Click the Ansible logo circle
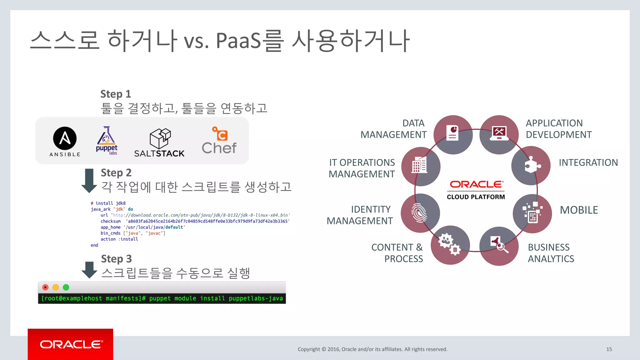tap(65, 138)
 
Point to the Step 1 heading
tap(116, 94)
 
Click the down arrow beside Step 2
tap(89, 180)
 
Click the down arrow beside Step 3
tap(89, 270)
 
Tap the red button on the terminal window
tap(45, 287)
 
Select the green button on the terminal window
tap(66, 287)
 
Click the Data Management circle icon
tap(453, 134)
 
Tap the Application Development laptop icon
tap(499, 134)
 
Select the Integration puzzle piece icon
tap(531, 166)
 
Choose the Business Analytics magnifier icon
tap(499, 246)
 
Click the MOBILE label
tap(579, 210)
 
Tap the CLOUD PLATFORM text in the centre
tap(476, 197)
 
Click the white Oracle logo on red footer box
tap(71, 344)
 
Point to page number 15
tap(609, 349)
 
